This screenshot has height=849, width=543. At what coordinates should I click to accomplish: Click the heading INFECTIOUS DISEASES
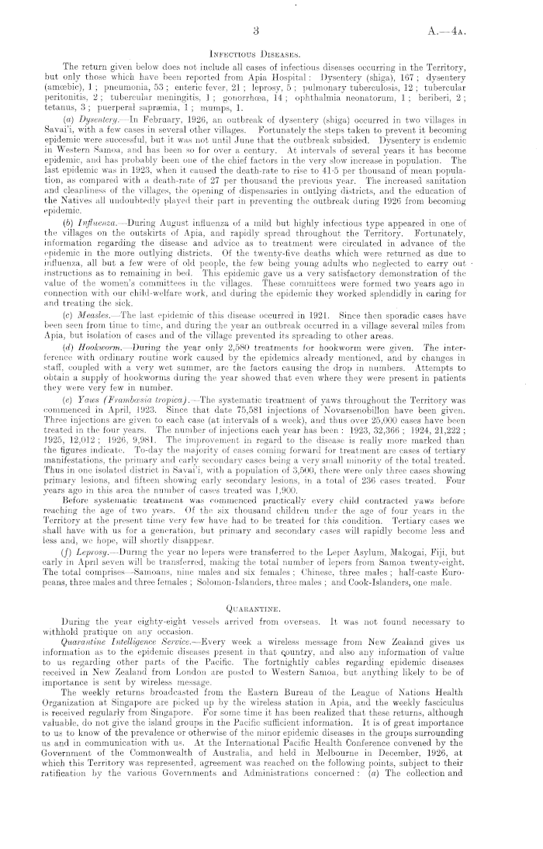(272, 54)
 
